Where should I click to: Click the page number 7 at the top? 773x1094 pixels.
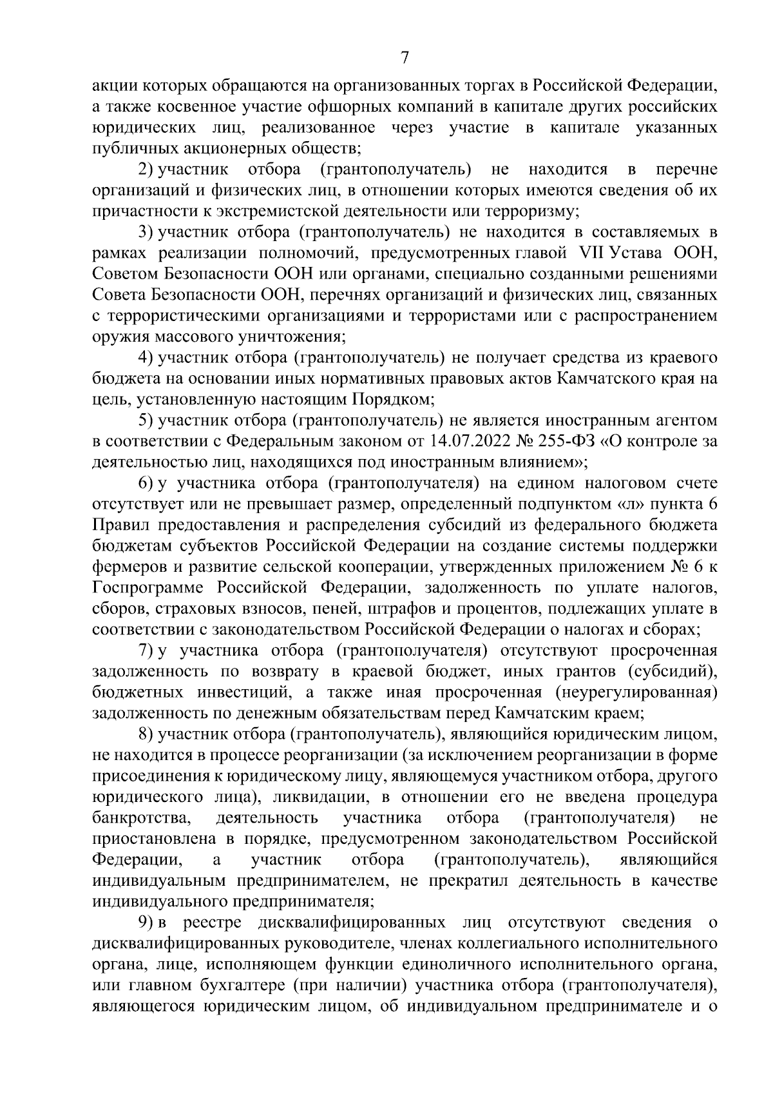pos(404,59)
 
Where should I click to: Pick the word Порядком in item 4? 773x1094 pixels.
pos(388,400)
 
